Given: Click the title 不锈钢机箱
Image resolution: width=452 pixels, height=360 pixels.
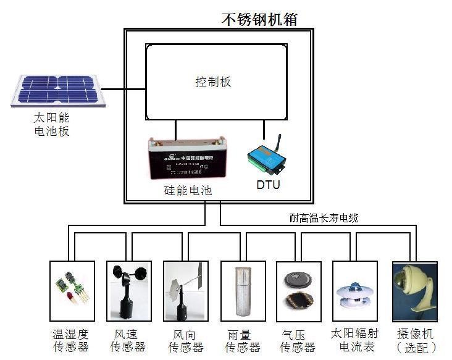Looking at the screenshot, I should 259,19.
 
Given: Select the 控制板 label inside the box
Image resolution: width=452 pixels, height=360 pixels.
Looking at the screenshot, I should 213,82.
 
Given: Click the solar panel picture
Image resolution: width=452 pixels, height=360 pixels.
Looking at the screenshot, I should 57,90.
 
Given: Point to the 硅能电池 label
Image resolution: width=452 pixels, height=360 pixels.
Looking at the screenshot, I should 183,191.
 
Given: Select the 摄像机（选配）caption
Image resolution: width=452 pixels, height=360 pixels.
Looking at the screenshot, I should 415,340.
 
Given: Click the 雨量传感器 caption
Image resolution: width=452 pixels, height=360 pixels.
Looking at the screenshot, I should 242,340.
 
